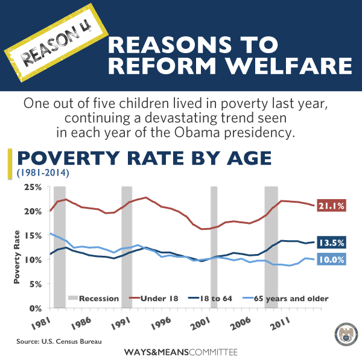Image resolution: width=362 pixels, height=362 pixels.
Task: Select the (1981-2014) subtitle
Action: point(43,173)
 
